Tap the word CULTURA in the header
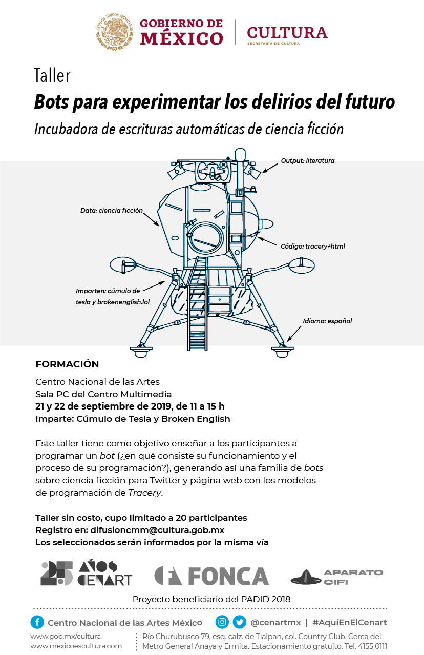pos(287,32)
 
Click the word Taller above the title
pos(52,75)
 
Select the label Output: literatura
pos(307,160)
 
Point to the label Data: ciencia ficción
pos(111,210)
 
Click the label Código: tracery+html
pos(312,246)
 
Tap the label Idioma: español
pos(327,321)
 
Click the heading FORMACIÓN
pos(67,364)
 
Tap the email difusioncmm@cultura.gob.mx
pos(157,530)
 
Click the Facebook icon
pos(37,622)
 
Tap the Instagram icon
pos(222,622)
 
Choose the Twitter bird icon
pos(239,622)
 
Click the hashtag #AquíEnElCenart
pos(349,623)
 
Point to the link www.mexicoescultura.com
pos(76,646)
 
